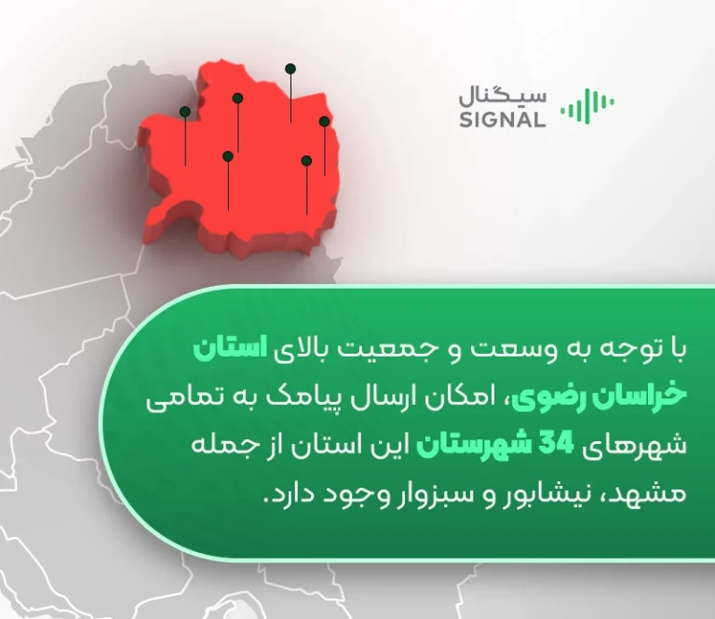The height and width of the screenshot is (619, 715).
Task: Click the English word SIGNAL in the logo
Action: pyautogui.click(x=502, y=119)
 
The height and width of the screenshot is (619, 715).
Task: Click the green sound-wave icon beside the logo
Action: pyautogui.click(x=587, y=106)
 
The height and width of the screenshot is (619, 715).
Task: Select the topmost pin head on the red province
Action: pyautogui.click(x=290, y=69)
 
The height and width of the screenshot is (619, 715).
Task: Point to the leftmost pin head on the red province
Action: pyautogui.click(x=185, y=112)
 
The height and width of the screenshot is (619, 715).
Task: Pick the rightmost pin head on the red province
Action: pyautogui.click(x=324, y=121)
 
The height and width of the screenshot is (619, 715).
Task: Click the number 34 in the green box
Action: pyautogui.click(x=556, y=444)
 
